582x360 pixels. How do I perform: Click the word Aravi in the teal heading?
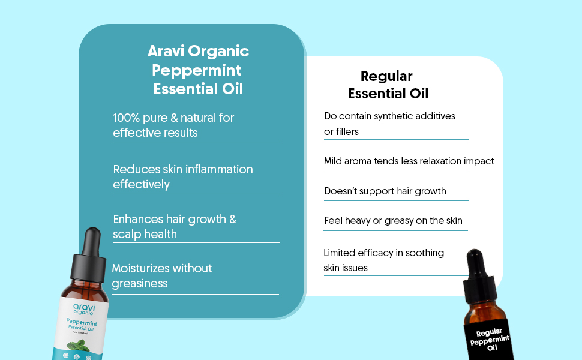166,51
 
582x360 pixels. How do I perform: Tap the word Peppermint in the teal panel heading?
196,71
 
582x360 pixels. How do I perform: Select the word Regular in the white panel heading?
386,77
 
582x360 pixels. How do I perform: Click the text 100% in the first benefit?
126,118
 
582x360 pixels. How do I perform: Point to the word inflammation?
219,169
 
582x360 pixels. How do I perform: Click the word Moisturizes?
140,268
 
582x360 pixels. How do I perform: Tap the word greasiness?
140,284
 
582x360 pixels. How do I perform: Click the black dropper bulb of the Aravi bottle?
92,241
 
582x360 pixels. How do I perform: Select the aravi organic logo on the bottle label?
84,309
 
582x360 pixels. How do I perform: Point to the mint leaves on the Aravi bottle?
79,346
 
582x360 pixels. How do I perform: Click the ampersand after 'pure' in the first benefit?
174,118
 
